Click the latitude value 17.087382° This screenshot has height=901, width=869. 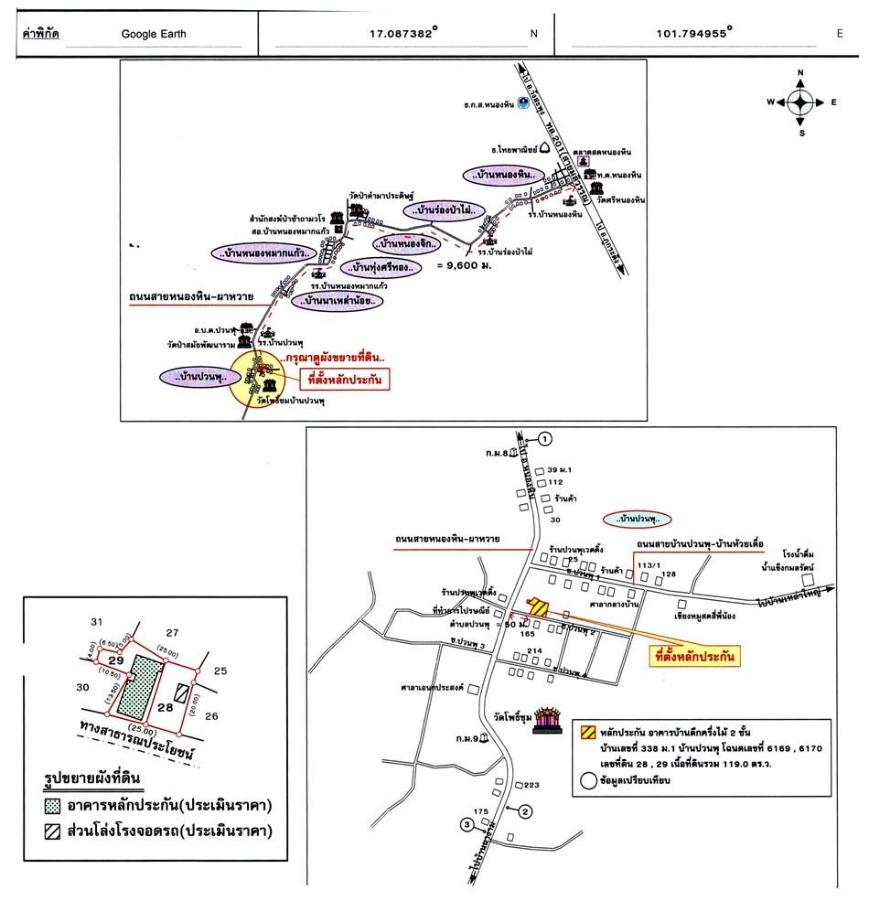[x=402, y=34]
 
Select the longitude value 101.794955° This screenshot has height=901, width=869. [x=691, y=34]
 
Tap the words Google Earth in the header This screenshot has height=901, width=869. [x=153, y=35]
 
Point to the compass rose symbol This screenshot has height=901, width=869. [x=800, y=102]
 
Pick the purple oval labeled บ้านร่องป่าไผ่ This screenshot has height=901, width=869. [x=445, y=211]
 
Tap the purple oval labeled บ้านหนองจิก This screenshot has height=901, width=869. [x=407, y=244]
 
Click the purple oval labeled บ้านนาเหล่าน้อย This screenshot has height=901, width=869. [x=334, y=300]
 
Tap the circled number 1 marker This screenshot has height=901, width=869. [x=545, y=439]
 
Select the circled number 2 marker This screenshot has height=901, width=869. [x=525, y=810]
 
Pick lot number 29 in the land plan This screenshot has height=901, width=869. [x=115, y=660]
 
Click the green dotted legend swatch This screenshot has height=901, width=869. [x=53, y=806]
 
